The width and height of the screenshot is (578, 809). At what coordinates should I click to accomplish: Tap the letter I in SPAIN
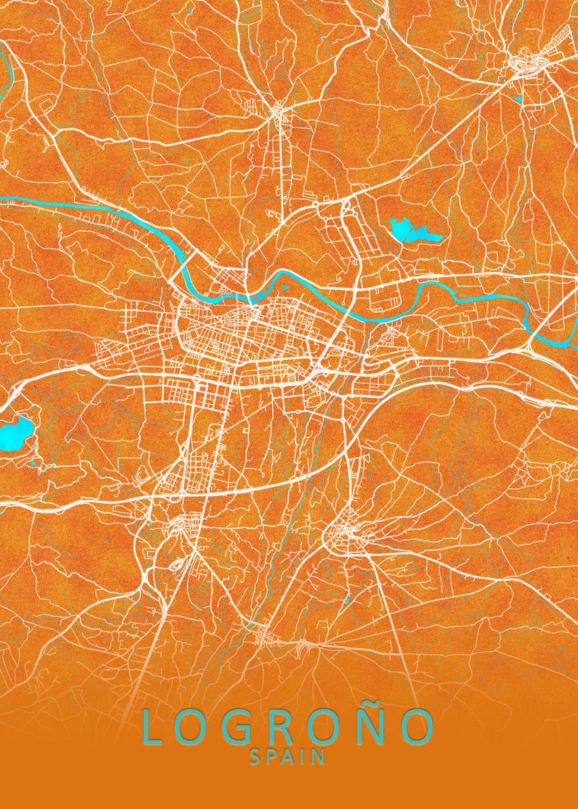(x=304, y=757)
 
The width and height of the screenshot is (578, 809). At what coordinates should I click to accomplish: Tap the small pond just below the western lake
(x=32, y=464)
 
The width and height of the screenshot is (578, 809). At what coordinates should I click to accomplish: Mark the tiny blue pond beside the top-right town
(x=519, y=99)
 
